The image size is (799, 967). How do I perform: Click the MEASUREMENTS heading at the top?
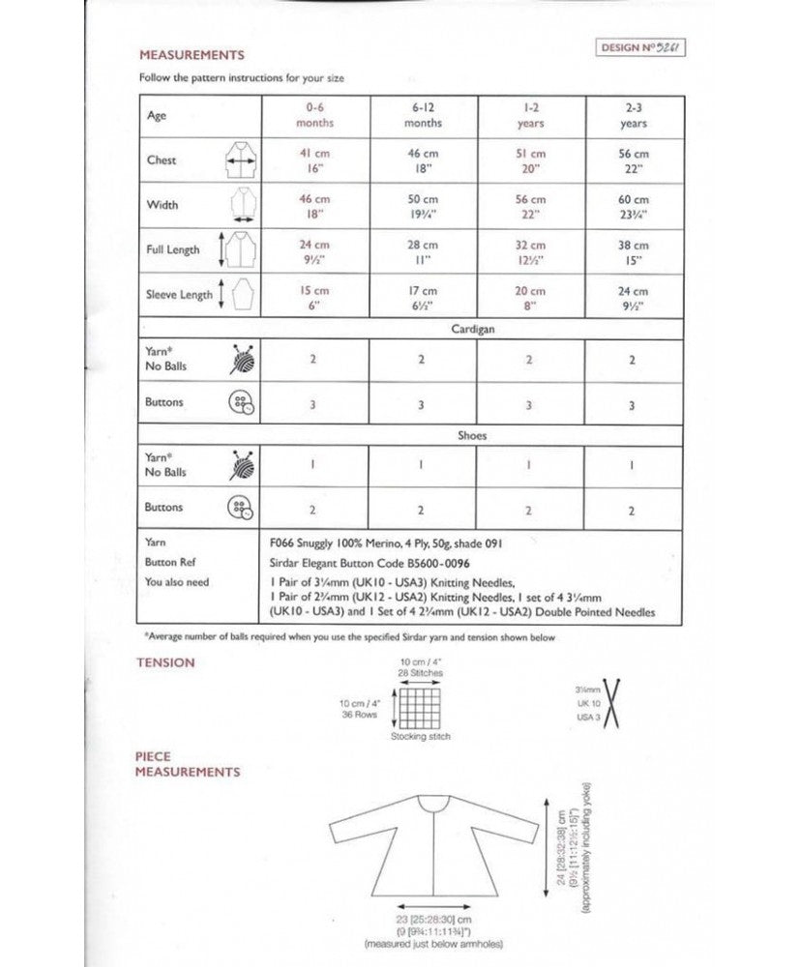pyautogui.click(x=192, y=55)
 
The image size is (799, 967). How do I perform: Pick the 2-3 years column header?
pyautogui.click(x=634, y=116)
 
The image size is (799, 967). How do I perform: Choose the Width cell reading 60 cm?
pyautogui.click(x=634, y=205)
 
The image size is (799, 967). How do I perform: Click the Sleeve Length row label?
pyautogui.click(x=179, y=295)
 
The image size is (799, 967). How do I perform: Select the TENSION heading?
pyautogui.click(x=165, y=662)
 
